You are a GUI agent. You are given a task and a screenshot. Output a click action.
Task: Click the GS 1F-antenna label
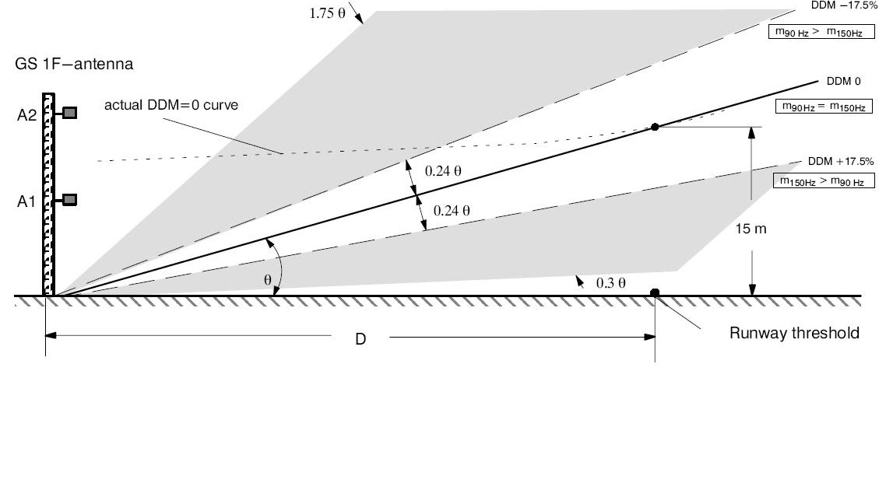[74, 65]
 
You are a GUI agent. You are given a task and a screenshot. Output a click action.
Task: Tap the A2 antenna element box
[70, 113]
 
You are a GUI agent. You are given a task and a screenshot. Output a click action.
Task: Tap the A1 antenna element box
[70, 201]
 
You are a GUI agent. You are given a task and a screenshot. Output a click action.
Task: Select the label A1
[26, 202]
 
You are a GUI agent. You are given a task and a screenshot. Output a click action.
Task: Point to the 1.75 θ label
[327, 15]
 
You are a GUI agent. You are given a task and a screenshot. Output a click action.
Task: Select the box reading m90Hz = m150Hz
[821, 107]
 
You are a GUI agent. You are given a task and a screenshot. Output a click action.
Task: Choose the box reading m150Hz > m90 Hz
[823, 180]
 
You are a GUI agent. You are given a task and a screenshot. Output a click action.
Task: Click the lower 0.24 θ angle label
[452, 210]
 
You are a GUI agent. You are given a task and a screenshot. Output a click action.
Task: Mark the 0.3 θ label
[611, 283]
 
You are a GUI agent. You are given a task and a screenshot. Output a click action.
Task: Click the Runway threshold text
[794, 334]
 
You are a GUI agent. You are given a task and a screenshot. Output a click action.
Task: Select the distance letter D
[360, 340]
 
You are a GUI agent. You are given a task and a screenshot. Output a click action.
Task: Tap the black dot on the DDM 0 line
[655, 126]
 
